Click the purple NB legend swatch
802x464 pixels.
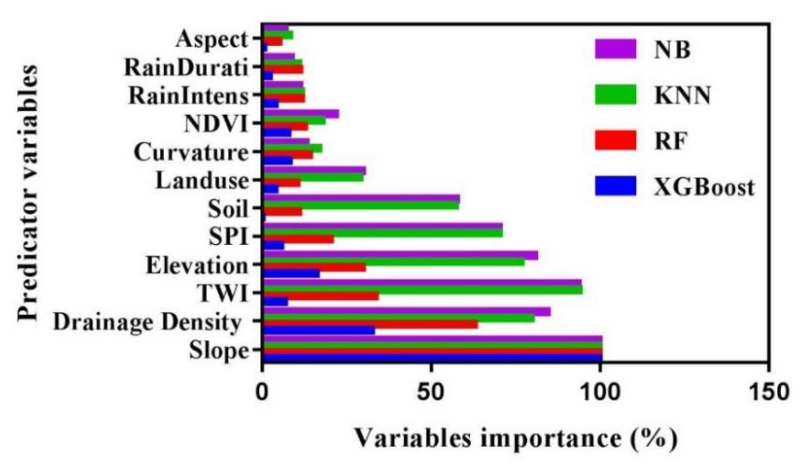[615, 49]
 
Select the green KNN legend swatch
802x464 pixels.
[615, 94]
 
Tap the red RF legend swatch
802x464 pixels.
[615, 140]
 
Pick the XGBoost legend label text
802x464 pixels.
[704, 188]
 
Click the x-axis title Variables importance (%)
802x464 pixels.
[516, 438]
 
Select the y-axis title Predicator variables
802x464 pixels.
[28, 193]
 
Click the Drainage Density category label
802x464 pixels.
[148, 322]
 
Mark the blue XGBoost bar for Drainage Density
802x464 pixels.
[319, 330]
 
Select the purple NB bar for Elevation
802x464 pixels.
[401, 255]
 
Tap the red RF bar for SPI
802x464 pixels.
[299, 239]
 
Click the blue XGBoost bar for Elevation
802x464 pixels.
[292, 274]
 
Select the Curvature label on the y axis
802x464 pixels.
[191, 152]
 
